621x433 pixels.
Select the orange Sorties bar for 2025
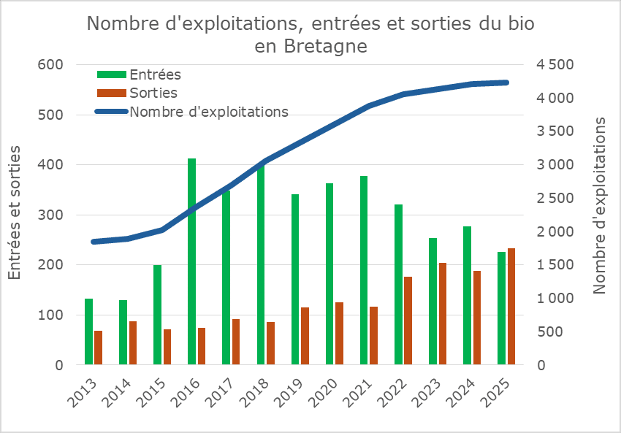click(511, 306)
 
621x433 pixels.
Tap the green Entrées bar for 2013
click(88, 332)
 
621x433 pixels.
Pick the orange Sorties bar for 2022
click(408, 321)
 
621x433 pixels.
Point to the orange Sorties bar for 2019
click(305, 336)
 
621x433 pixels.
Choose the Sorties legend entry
click(153, 93)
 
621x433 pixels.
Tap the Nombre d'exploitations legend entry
click(208, 112)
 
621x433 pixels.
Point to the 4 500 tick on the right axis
click(555, 65)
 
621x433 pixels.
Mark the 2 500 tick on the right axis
click(555, 199)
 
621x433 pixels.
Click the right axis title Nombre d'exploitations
click(601, 204)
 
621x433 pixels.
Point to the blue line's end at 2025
click(506, 83)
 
